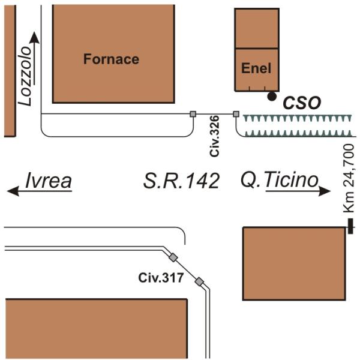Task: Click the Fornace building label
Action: pos(111,59)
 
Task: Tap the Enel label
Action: pos(256,68)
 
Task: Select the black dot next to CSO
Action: pos(272,96)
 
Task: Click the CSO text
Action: pos(301,103)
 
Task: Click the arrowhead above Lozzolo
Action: pos(34,37)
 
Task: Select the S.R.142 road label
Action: pos(181,180)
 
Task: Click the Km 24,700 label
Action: pos(349,177)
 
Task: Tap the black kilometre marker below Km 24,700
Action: pos(350,226)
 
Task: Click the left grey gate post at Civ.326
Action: pos(193,113)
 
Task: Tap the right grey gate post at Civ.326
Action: pos(236,113)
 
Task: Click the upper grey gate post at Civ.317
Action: pos(173,257)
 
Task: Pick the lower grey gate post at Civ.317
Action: pos(199,281)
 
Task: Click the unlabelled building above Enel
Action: pos(256,28)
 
